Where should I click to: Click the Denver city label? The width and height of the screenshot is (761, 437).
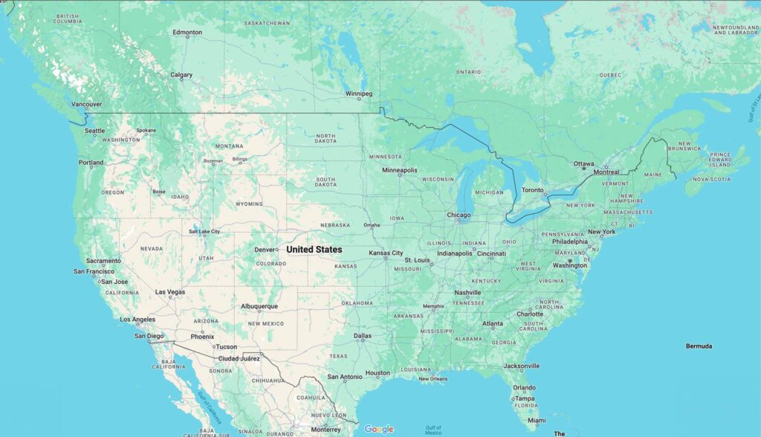click(x=265, y=250)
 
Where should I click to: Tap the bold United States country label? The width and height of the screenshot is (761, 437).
click(x=314, y=250)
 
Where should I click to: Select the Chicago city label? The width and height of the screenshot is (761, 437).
click(x=459, y=216)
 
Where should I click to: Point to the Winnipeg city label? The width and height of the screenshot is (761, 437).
click(x=359, y=94)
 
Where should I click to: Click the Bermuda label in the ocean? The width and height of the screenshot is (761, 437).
click(x=699, y=346)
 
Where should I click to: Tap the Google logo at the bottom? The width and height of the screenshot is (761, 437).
click(x=379, y=429)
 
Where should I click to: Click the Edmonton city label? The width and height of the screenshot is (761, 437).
click(x=187, y=33)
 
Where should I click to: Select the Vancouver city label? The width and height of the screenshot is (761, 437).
click(x=87, y=105)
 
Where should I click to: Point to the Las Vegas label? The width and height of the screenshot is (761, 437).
click(x=170, y=292)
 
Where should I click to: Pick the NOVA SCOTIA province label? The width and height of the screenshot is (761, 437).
click(x=710, y=179)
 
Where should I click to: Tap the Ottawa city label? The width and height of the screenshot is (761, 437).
click(x=584, y=164)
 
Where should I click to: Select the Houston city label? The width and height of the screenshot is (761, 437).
click(x=378, y=373)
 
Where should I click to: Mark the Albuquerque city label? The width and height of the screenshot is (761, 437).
click(x=259, y=306)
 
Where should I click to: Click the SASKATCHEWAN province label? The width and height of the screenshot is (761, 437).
click(x=268, y=23)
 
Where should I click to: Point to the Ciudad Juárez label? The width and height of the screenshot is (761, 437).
click(x=239, y=358)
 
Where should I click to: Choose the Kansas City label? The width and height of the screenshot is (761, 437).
click(x=386, y=253)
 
